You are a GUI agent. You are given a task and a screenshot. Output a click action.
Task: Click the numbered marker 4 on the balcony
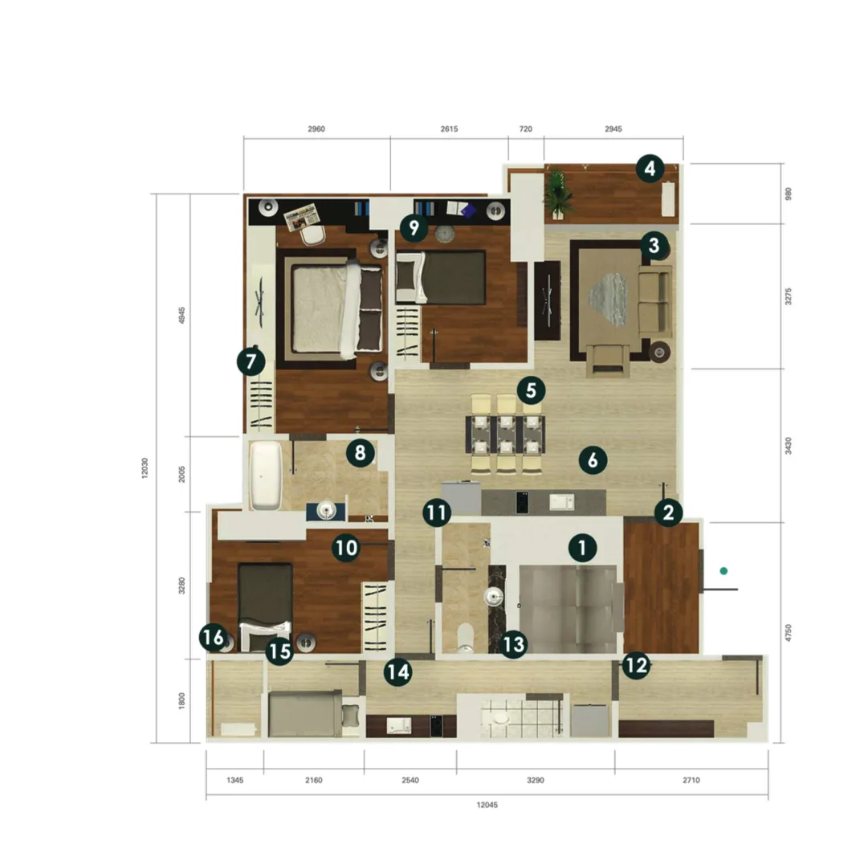pos(650,169)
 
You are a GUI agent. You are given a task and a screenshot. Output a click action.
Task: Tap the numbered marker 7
pos(251,361)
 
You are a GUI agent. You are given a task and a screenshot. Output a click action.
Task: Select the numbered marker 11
pos(437,512)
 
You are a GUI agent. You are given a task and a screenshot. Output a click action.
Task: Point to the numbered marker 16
pos(214,637)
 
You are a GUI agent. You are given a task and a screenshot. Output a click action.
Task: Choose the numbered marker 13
pos(513,645)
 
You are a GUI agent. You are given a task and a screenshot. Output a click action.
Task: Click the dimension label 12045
pos(487,805)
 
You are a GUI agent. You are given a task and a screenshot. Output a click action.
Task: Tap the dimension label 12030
pos(145,467)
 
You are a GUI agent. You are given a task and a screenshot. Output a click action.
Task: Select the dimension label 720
pos(525,129)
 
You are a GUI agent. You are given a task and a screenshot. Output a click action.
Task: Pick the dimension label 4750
pos(788,633)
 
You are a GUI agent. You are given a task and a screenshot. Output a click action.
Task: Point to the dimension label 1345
pos(235,780)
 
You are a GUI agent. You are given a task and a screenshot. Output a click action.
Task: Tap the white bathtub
pos(266,475)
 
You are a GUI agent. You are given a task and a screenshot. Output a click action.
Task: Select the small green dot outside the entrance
pos(724,570)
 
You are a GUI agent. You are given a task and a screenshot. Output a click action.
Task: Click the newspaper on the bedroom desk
pos(301,217)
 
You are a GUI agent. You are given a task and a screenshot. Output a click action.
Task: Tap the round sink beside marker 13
pos(493,597)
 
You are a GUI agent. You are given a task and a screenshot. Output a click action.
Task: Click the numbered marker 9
pos(414,227)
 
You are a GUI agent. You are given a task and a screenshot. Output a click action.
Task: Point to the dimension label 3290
pos(536,780)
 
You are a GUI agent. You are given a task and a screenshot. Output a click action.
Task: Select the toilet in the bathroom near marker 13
pos(465,638)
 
